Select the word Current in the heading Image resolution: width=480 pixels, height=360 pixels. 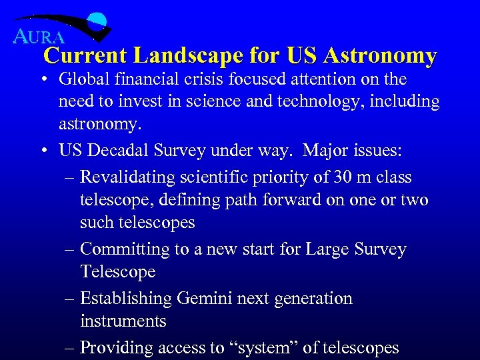(85, 55)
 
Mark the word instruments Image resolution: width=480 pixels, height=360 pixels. (123, 321)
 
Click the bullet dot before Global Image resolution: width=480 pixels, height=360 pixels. (43, 80)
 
